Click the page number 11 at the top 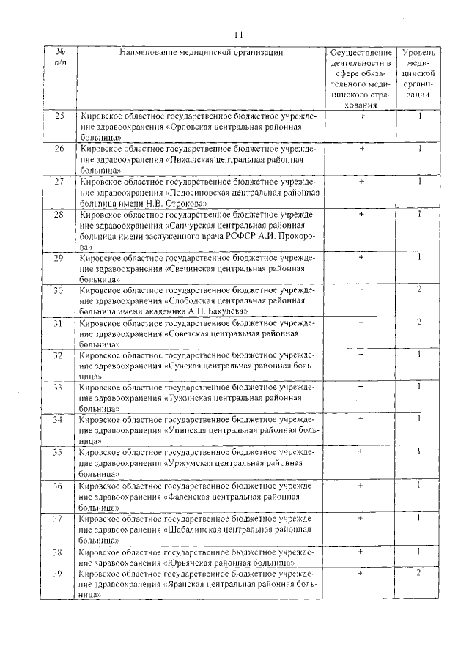[237, 34]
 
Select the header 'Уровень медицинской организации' [419, 74]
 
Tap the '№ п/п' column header [61, 58]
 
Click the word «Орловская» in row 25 [196, 126]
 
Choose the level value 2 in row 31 [419, 322]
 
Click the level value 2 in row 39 [419, 573]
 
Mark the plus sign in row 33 [361, 385]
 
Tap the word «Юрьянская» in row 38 [196, 562]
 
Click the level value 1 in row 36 [419, 484]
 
